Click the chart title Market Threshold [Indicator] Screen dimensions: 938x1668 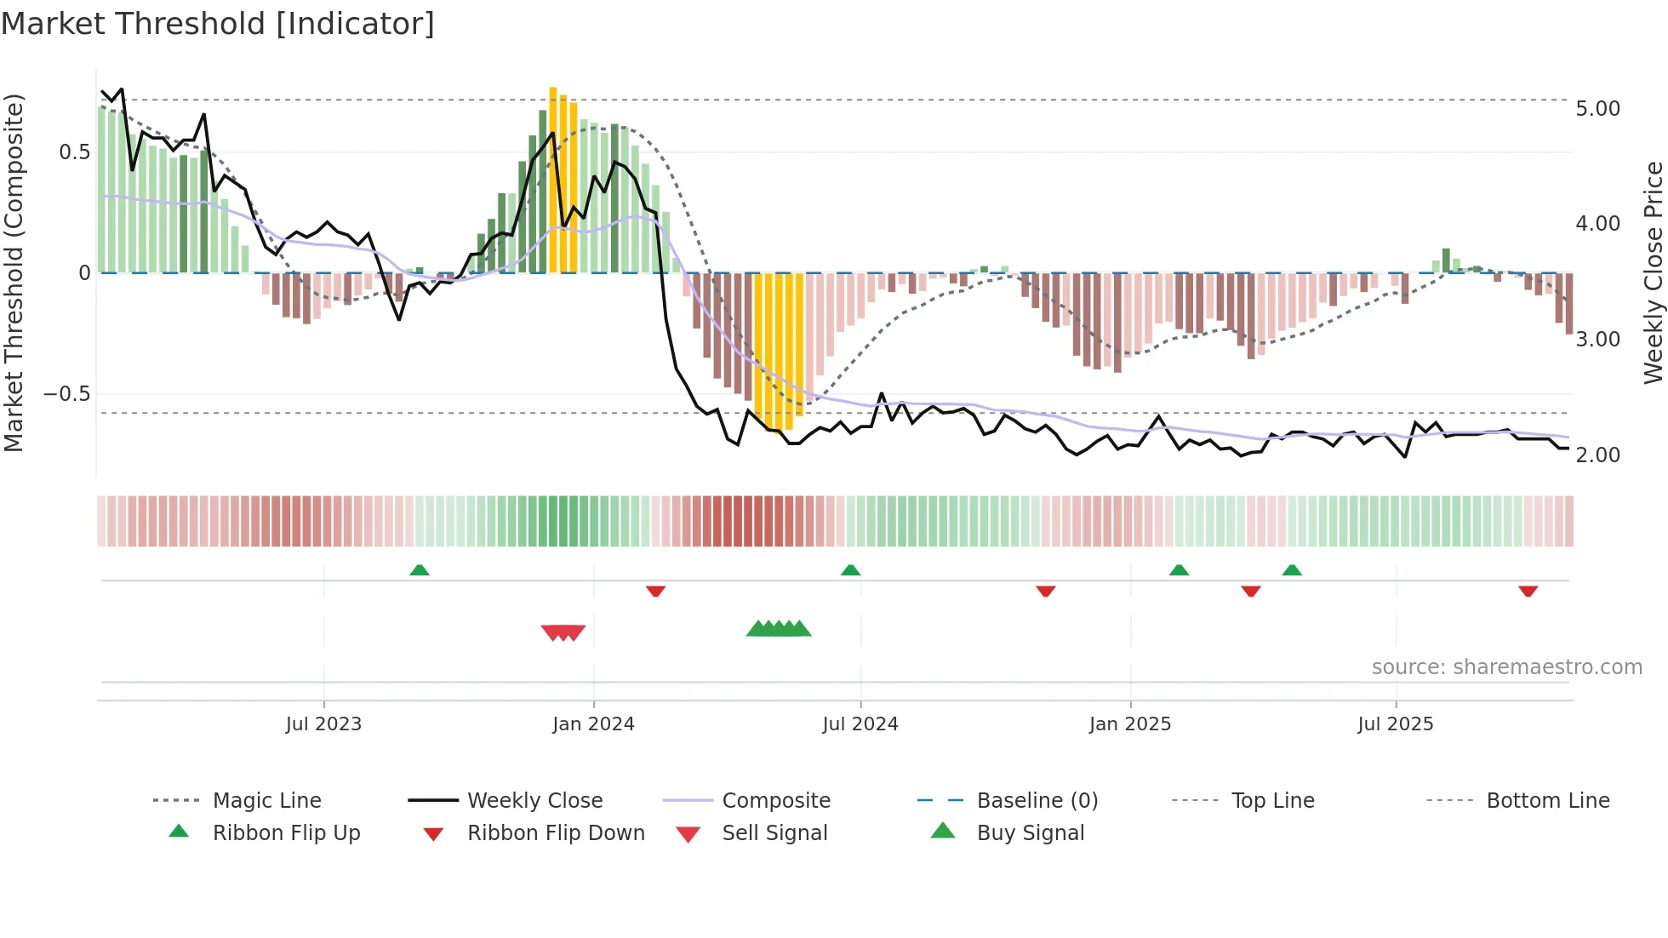point(218,24)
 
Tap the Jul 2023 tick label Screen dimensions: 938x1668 point(323,724)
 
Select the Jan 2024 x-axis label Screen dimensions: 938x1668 point(593,724)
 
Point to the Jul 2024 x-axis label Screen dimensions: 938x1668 point(860,724)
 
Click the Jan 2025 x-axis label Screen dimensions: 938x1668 point(1129,724)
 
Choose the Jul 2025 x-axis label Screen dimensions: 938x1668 point(1395,724)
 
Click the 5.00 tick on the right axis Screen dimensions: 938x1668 point(1597,109)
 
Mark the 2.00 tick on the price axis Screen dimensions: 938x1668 point(1597,455)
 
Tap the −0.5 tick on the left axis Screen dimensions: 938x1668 point(66,394)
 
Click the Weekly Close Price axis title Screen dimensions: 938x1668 point(1653,272)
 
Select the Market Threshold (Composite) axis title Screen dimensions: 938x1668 point(14,272)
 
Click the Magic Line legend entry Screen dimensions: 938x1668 point(266,801)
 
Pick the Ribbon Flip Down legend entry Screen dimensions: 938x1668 point(556,833)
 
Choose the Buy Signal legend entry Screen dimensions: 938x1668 point(1030,833)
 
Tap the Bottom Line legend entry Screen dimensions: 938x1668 point(1547,801)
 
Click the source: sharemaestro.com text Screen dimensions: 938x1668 point(1506,667)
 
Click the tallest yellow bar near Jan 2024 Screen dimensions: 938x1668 point(553,179)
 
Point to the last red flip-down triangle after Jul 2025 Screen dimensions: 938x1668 point(1528,591)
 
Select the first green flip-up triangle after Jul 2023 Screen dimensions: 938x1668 point(419,570)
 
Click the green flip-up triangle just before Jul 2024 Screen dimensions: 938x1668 point(850,570)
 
